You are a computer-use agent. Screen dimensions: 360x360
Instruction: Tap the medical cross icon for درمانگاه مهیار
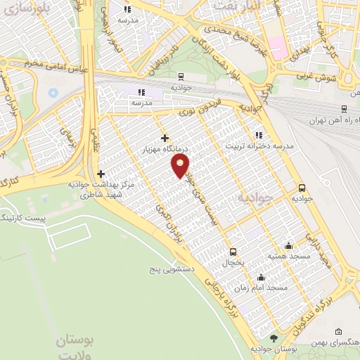coord(165,139)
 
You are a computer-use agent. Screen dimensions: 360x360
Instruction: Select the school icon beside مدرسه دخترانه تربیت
coord(259,135)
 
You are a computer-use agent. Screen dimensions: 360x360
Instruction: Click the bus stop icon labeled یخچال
coord(233,251)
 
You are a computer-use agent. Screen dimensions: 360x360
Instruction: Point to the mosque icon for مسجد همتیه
coord(288,246)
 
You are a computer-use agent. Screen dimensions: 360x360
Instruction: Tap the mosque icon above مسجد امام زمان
coord(261,277)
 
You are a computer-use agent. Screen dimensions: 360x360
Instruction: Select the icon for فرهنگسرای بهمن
coord(339,331)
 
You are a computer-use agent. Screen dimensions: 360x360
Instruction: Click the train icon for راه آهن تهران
coord(343,109)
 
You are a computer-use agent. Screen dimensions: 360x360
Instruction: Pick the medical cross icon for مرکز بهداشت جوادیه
coord(101,174)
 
